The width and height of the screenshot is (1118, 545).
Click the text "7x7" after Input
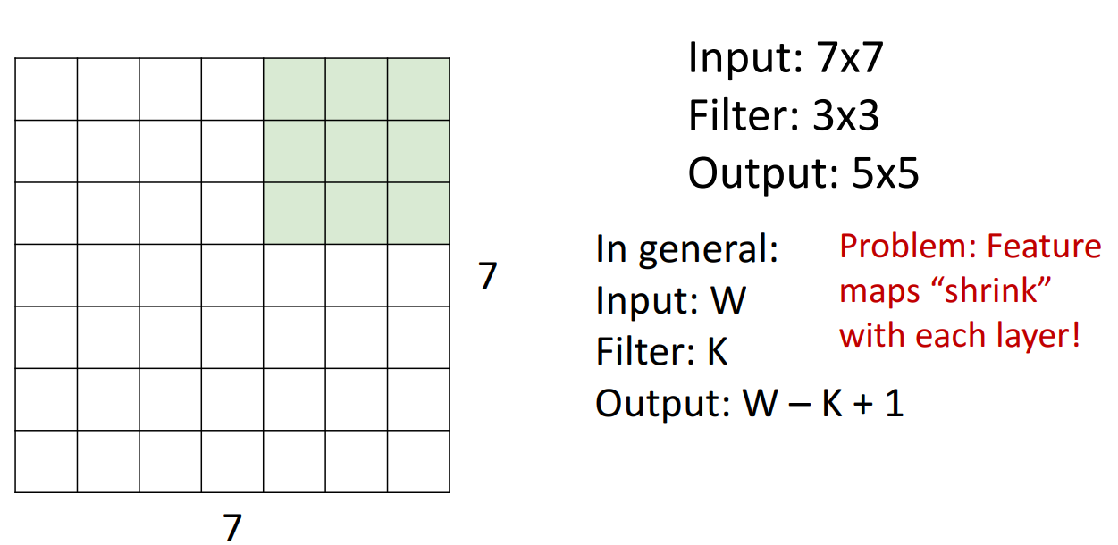point(850,59)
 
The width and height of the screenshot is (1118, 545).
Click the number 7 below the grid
point(232,526)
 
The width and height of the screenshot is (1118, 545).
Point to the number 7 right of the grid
point(487,276)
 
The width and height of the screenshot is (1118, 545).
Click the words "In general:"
point(687,249)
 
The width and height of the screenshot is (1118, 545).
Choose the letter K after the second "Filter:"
point(717,352)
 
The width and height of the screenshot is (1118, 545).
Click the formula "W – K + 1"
point(823,404)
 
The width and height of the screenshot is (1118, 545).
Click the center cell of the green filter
point(357,151)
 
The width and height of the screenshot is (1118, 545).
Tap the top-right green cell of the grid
point(418,89)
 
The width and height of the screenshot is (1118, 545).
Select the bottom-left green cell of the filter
point(294,213)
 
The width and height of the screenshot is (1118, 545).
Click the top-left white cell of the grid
point(46,89)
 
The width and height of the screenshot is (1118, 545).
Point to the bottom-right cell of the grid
point(418,461)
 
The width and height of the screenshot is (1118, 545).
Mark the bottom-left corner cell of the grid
point(46,461)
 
